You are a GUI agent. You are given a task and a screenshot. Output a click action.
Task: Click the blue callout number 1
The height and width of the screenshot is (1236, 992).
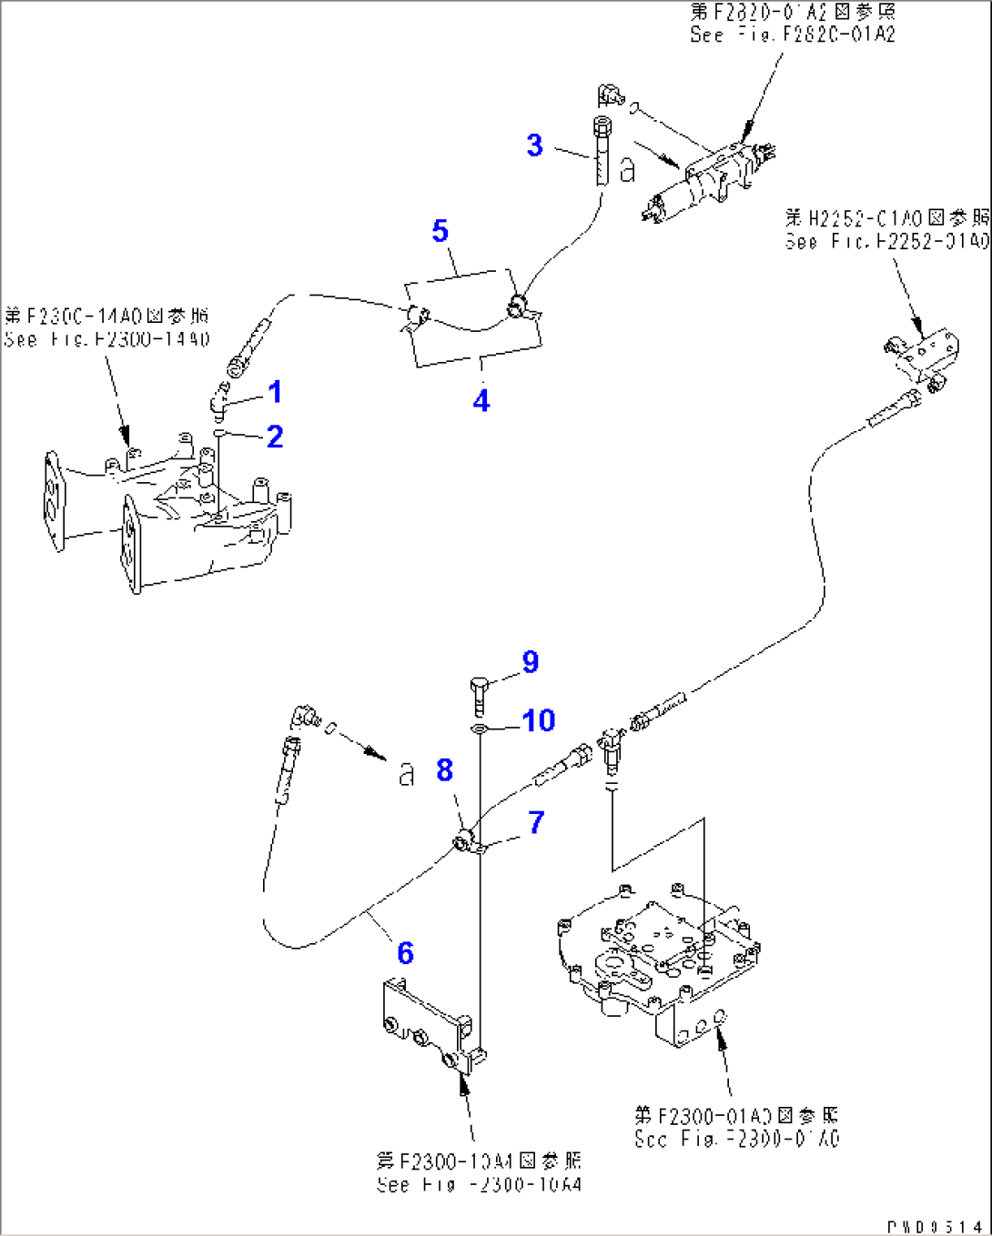pos(274,392)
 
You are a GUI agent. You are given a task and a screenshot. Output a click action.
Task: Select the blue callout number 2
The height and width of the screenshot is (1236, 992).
pos(275,437)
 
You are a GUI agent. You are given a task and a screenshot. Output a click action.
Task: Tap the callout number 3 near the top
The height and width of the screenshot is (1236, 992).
pos(535,146)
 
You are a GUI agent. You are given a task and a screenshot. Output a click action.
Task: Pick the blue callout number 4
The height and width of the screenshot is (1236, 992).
pos(481,400)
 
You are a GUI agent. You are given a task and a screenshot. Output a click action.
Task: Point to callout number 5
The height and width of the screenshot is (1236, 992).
pos(440,231)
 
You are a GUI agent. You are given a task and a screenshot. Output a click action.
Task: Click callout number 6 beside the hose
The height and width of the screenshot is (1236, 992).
pos(405,953)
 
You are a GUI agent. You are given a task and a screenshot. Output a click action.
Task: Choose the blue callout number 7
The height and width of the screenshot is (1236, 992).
pos(536,823)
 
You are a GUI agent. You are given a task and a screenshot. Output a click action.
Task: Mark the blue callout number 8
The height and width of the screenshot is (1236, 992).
pos(444,770)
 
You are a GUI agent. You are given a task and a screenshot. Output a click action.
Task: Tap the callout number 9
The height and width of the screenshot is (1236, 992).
pos(531,662)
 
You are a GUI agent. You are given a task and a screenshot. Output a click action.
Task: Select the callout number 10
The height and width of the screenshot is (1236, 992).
pos(538,720)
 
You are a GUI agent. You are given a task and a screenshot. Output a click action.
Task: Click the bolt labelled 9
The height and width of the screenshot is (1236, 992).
pos(481,695)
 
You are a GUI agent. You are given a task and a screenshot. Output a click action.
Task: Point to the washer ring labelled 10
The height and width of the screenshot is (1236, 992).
pos(480,729)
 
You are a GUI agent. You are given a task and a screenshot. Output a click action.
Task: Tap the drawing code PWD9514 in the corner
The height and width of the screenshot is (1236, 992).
pos(935,1227)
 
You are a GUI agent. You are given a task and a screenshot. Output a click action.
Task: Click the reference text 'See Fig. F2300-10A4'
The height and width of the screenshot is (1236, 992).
pos(479,1185)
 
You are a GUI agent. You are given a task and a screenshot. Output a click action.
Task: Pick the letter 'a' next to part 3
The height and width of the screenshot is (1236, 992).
pos(627,170)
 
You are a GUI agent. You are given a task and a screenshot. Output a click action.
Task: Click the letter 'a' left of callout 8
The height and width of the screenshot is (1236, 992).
pos(406,774)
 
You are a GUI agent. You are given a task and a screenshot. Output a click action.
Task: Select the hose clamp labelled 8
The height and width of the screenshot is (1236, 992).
pos(465,841)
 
